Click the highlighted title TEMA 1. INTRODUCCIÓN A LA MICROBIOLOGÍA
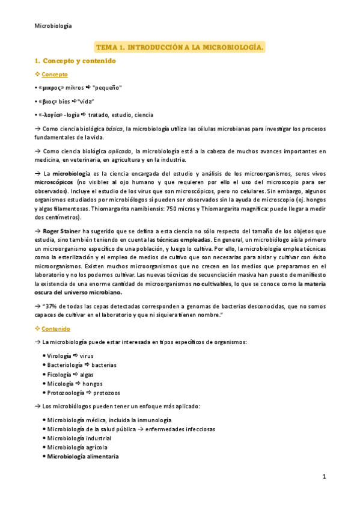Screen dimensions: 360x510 click(180, 46)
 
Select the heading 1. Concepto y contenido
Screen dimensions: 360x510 click(75, 61)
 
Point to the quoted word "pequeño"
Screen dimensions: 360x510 click(108, 88)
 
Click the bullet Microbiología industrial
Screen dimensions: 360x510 click(78, 438)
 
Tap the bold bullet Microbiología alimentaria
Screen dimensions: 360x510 click(83, 456)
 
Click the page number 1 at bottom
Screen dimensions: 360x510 click(323, 477)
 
